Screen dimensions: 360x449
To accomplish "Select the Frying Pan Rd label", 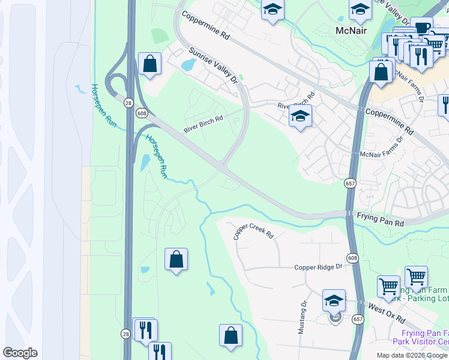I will tap(381, 219).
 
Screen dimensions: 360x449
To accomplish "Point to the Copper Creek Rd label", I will tap(253, 232).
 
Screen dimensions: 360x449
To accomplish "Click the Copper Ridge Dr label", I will tap(318, 267).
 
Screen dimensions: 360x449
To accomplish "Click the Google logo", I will tap(20, 352).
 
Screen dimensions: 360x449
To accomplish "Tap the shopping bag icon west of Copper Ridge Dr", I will tap(176, 259).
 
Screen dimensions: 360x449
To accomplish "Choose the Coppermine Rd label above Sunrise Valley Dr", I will tap(205, 26).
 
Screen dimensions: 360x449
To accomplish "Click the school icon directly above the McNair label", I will tap(360, 9).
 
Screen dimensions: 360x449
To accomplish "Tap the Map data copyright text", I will tap(412, 355).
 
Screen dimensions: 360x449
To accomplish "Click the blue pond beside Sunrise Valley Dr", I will tap(188, 63).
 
